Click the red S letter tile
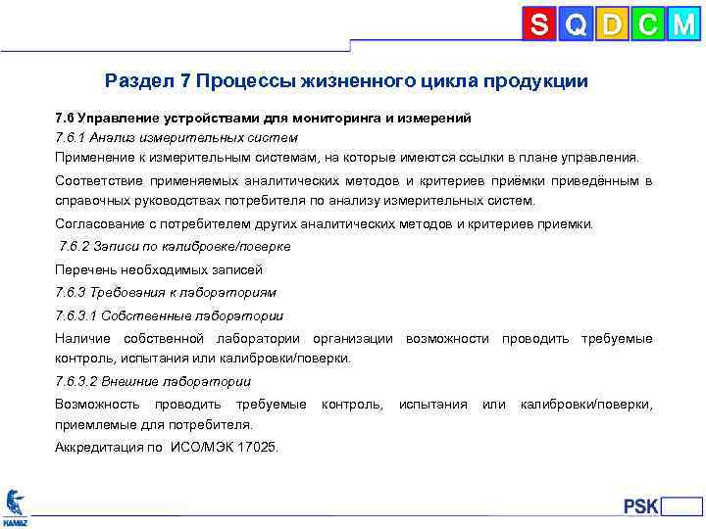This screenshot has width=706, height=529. tap(538, 24)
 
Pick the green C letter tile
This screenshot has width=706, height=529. tap(646, 24)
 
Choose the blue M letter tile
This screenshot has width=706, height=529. tap(682, 24)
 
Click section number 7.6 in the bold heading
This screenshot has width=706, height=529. tap(65, 118)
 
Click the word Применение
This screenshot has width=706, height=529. tap(96, 157)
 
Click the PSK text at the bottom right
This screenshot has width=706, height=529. tap(641, 506)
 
